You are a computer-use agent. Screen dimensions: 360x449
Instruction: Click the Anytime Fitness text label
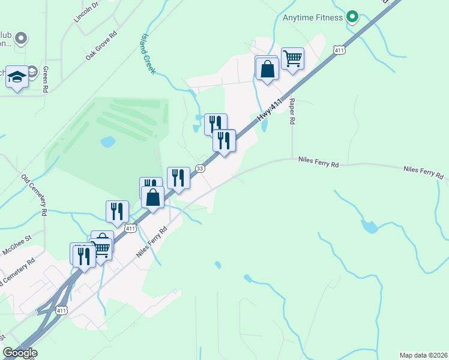(x=313, y=17)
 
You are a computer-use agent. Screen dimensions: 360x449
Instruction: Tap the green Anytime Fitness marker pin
(x=353, y=17)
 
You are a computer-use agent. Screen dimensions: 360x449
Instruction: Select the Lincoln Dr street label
(x=86, y=12)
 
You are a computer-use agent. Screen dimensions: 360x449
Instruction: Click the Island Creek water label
(x=148, y=53)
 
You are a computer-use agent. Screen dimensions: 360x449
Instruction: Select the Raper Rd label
(x=292, y=112)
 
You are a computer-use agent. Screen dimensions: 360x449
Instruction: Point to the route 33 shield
(x=200, y=169)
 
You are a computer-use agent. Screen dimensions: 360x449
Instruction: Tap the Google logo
(x=20, y=353)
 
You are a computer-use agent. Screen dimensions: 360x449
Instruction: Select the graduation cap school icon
(x=17, y=76)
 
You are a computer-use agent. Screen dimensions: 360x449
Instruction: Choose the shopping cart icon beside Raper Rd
(x=292, y=58)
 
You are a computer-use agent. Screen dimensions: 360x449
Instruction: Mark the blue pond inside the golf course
(x=108, y=142)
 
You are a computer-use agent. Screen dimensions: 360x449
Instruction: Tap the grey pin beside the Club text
(x=21, y=39)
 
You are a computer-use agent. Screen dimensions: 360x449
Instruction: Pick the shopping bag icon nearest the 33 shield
(x=154, y=196)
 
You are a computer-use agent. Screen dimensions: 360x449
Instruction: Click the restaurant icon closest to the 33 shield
(x=178, y=178)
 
